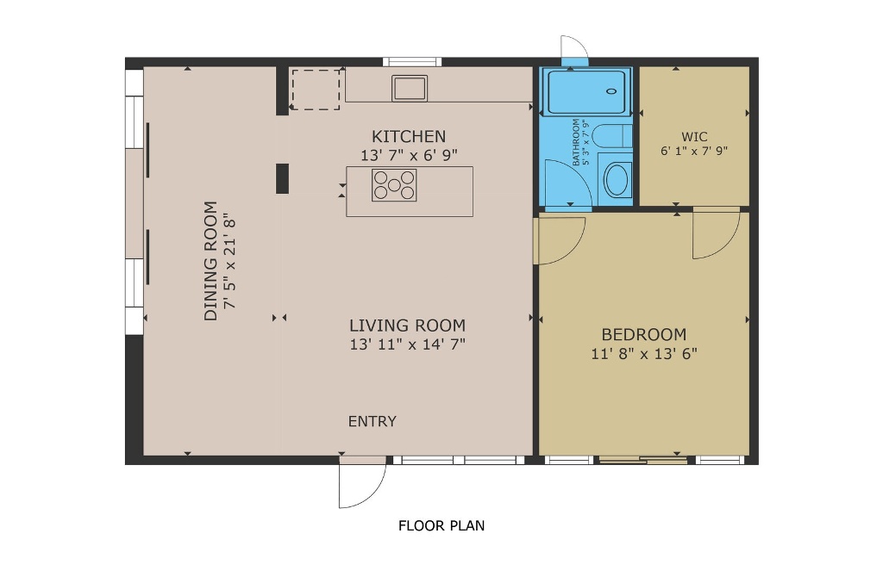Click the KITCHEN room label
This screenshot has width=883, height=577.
point(409,137)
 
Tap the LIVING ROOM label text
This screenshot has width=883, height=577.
point(407,326)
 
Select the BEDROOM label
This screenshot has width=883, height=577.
point(643,335)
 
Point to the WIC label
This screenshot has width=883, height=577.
point(694,137)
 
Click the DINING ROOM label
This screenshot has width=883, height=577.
point(210,261)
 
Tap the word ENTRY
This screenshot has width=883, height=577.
point(373,421)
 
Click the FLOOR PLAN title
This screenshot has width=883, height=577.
point(441,526)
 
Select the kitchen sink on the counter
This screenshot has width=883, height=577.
point(410,89)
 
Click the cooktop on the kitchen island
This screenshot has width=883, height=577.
point(394,185)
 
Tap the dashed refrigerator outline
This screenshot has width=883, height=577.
point(316,90)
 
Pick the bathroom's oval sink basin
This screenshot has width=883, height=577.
point(617,179)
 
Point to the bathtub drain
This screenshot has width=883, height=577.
point(612,90)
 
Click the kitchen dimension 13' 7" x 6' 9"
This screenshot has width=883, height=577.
point(409,155)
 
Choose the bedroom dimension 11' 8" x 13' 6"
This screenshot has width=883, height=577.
point(644,354)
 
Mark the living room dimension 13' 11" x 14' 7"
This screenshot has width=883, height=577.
point(407,344)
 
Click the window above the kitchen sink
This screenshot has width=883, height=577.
point(412,62)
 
